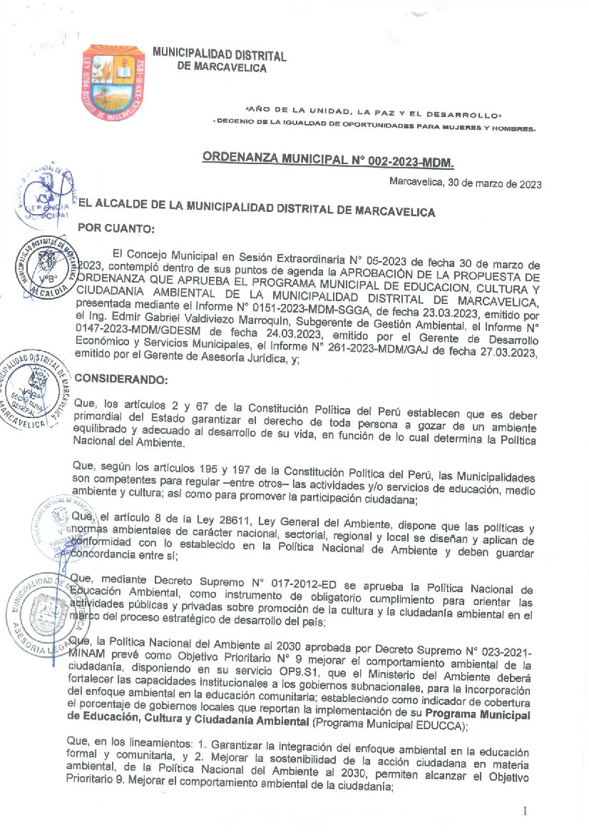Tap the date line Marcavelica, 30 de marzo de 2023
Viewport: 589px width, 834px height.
click(x=465, y=183)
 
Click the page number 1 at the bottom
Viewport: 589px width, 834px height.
click(x=525, y=811)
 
